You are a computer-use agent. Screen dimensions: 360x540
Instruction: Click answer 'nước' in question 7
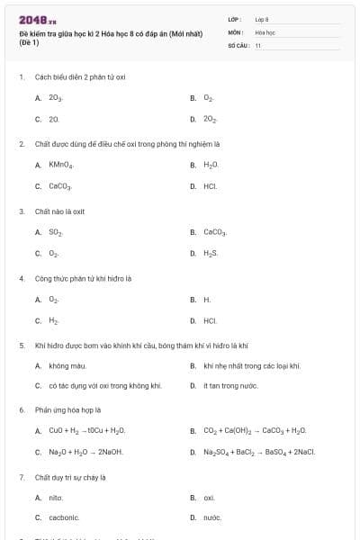pyautogui.click(x=212, y=518)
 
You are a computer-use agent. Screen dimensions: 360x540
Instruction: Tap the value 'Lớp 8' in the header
pyautogui.click(x=262, y=19)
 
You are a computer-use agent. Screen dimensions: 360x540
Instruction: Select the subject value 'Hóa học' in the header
pyautogui.click(x=265, y=31)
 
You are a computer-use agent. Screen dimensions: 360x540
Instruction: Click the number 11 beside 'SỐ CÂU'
pyautogui.click(x=258, y=45)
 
